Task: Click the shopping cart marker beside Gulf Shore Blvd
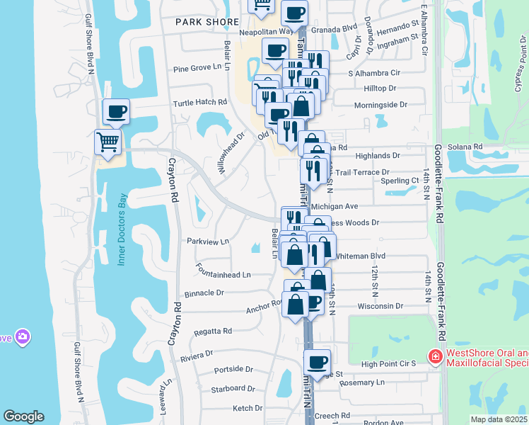[107, 142]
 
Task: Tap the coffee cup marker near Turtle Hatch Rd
[116, 112]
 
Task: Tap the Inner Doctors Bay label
[121, 229]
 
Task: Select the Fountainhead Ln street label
[225, 274]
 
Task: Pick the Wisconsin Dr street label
[380, 307]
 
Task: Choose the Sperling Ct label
[400, 181]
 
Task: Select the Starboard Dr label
[233, 388]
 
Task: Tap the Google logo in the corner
[23, 416]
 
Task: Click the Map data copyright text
[499, 419]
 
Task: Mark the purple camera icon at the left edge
[22, 336]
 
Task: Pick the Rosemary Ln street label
[361, 382]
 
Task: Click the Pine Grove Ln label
[202, 69]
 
